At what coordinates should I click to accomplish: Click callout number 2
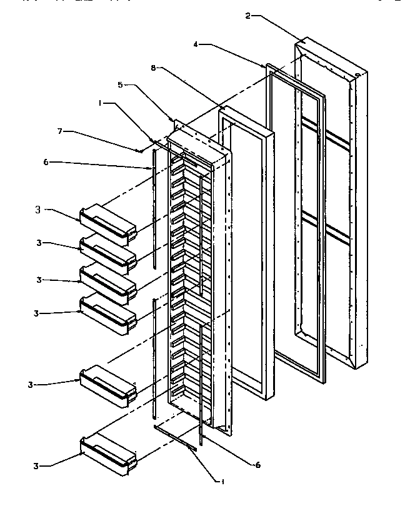247,15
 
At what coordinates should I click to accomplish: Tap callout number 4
196,45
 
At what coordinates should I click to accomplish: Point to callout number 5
121,84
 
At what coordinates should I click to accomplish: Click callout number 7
61,132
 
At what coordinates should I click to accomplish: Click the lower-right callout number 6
257,465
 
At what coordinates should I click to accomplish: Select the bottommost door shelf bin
108,454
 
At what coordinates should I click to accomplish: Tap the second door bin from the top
108,253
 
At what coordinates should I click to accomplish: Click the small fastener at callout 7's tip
143,150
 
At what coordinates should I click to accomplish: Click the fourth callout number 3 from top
37,313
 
